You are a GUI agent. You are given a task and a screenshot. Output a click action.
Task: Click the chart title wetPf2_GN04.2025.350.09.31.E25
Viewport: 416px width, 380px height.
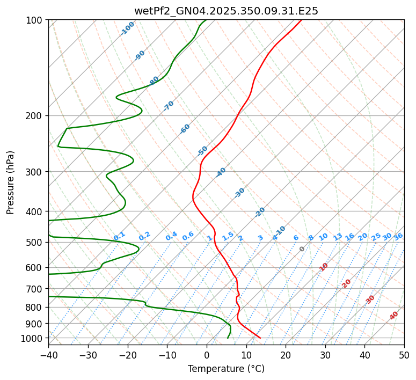coord(226,11)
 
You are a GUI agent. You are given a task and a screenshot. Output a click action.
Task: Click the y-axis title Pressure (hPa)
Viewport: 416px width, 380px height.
coord(11,182)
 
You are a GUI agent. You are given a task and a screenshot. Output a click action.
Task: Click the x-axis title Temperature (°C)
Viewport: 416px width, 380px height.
coord(226,369)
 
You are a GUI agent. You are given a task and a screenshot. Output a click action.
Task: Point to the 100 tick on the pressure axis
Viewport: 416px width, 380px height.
coord(38,20)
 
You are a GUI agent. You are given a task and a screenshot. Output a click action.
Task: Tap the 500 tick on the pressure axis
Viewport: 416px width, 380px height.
coord(38,242)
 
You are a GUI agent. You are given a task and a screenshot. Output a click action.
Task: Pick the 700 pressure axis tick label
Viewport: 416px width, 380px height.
coord(38,289)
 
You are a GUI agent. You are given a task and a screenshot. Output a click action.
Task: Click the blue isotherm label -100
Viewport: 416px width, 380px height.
coord(127,28)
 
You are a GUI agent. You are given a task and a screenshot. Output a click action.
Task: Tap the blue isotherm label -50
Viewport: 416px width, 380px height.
coord(202,151)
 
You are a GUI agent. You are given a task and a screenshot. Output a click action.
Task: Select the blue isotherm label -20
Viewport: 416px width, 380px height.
coord(260,212)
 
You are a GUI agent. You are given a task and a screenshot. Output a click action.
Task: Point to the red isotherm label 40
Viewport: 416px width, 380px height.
coord(394,316)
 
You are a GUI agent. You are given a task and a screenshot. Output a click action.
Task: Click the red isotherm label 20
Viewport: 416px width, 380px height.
coord(347,283)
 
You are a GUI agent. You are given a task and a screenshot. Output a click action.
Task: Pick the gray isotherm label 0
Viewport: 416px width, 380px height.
coord(302,249)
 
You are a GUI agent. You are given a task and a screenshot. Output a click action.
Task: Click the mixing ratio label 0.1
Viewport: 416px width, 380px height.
coord(119,236)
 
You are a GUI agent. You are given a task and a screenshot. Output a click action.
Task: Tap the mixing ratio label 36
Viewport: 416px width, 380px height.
coord(398,236)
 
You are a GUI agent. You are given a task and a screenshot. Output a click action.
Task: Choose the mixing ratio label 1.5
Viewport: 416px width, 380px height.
coord(228,236)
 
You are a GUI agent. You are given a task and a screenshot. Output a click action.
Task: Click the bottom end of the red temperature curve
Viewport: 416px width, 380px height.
coord(260,338)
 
